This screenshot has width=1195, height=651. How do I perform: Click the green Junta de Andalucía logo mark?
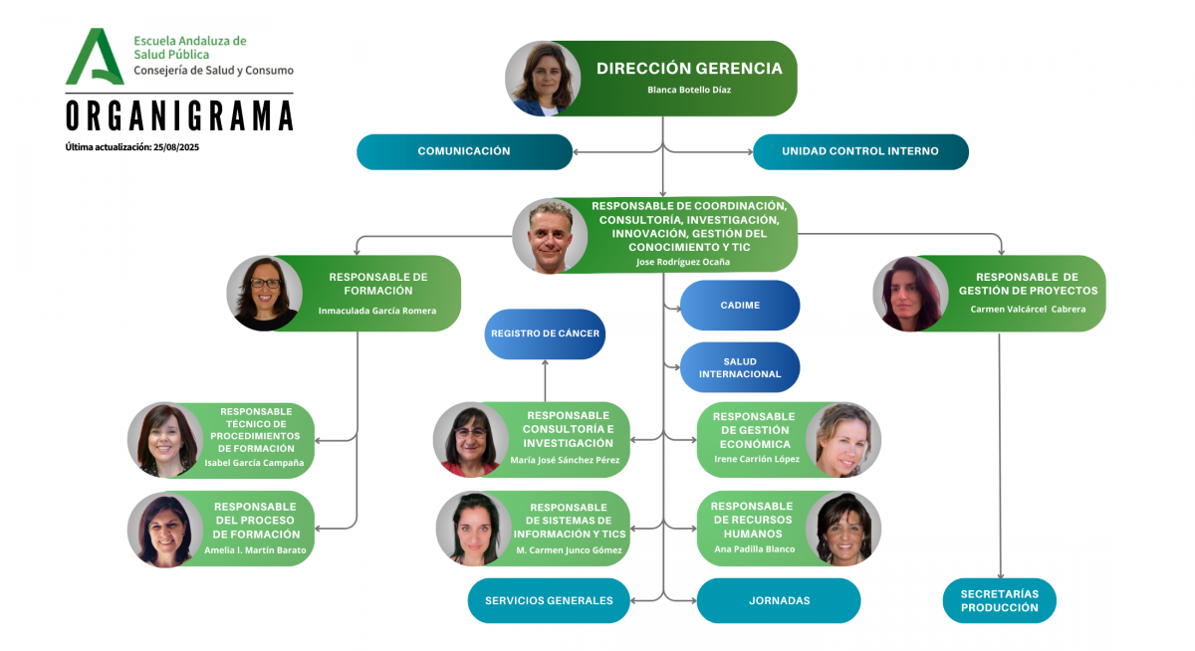pyautogui.click(x=95, y=57)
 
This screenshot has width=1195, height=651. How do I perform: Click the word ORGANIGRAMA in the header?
pyautogui.click(x=179, y=115)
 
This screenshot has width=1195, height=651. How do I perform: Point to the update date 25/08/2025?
pyautogui.click(x=176, y=147)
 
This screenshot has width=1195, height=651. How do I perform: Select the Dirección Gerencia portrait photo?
pyautogui.click(x=543, y=79)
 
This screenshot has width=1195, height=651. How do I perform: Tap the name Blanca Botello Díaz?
pyautogui.click(x=689, y=90)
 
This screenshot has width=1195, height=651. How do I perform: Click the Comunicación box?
pyautogui.click(x=464, y=151)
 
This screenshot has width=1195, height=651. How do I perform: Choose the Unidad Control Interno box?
pyautogui.click(x=860, y=151)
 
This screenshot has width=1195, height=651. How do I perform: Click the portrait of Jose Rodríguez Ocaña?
pyautogui.click(x=550, y=236)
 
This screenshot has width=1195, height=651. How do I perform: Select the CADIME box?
pyautogui.click(x=740, y=306)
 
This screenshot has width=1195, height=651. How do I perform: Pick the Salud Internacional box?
pyautogui.click(x=740, y=367)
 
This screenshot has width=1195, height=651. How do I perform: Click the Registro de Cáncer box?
pyautogui.click(x=545, y=333)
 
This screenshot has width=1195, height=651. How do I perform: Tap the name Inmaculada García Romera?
pyautogui.click(x=377, y=311)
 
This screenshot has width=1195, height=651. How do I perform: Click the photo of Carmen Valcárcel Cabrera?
pyautogui.click(x=910, y=294)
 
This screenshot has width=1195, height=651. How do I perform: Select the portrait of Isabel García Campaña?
pyautogui.click(x=164, y=440)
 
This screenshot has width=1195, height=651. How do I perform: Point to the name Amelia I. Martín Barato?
pyautogui.click(x=255, y=550)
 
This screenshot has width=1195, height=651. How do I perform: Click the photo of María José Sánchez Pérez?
pyautogui.click(x=470, y=440)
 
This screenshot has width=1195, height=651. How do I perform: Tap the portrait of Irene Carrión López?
pyautogui.click(x=842, y=440)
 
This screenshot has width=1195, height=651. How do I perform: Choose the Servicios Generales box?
pyautogui.click(x=549, y=600)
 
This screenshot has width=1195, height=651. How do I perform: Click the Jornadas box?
pyautogui.click(x=779, y=600)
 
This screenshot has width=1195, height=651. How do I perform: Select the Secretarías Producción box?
pyautogui.click(x=999, y=600)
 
